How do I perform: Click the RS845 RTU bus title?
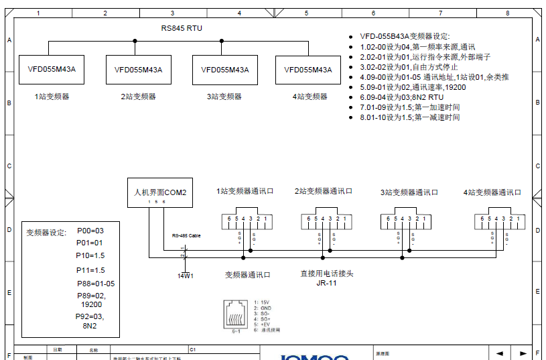[x=182, y=28]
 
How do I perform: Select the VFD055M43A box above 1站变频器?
[x=52, y=70]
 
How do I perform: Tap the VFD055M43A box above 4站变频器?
[x=308, y=70]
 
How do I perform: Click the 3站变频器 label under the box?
[x=224, y=97]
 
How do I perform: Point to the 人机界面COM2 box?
[x=161, y=194]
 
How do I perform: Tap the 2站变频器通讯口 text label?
[x=323, y=192]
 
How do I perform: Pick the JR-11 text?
[x=326, y=283]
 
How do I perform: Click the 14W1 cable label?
[x=185, y=276]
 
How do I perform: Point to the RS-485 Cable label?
[x=186, y=236]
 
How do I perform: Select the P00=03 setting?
[x=90, y=231]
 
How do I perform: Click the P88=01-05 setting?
[x=96, y=284]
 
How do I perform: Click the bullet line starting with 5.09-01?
[x=413, y=87]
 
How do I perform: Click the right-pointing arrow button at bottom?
[x=523, y=353]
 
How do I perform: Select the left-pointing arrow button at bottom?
[x=499, y=353]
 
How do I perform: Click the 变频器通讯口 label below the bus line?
[x=248, y=275]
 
